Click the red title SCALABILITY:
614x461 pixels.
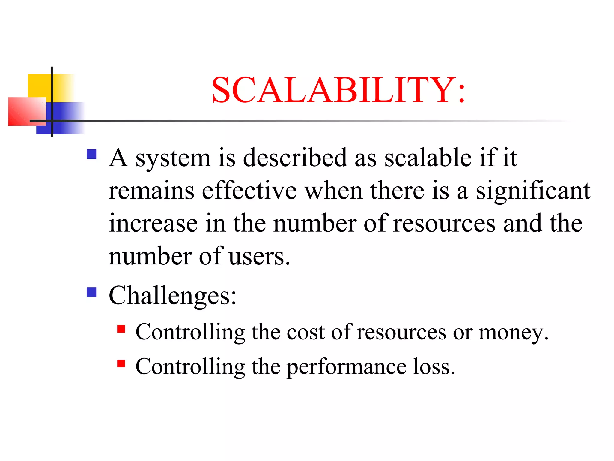point(338,90)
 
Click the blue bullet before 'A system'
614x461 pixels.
point(91,154)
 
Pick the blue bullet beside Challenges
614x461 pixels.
point(91,292)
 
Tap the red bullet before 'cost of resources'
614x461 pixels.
point(121,329)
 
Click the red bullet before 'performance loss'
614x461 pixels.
point(121,363)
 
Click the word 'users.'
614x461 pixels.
point(259,257)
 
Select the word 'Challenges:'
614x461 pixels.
point(173,296)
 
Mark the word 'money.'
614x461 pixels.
point(514,333)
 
